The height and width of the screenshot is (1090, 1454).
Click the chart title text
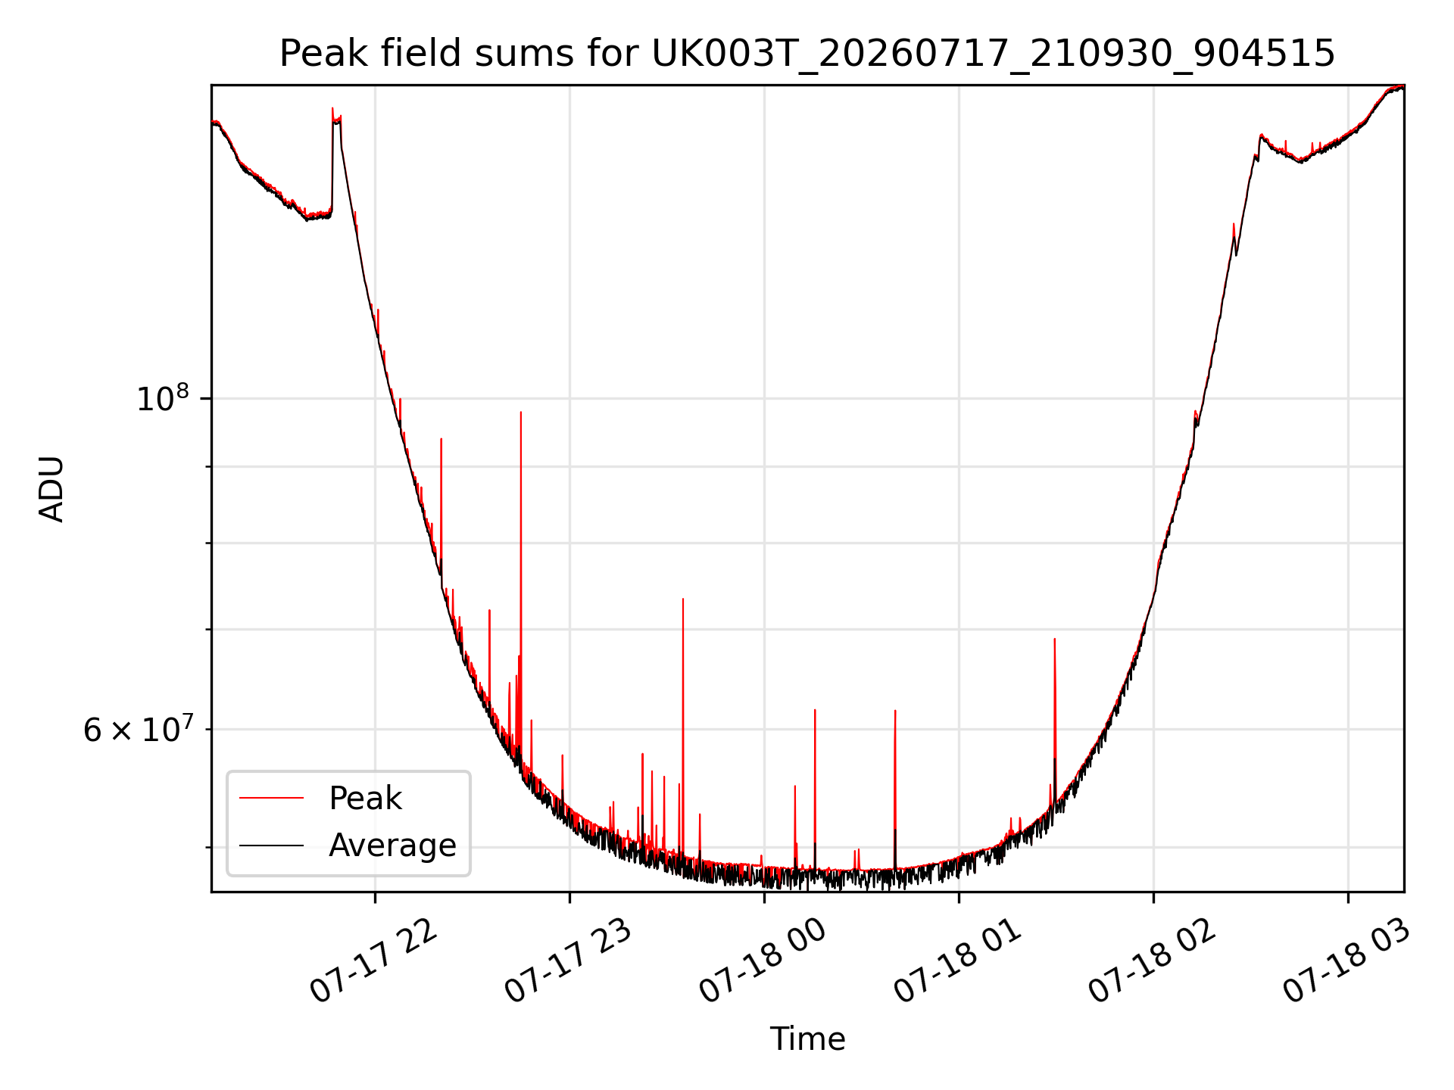click(807, 54)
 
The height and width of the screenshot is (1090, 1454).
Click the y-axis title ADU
click(51, 489)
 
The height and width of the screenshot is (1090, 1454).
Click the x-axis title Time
click(807, 1039)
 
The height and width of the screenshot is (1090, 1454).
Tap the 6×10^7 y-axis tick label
click(138, 729)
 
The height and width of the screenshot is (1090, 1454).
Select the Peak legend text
click(365, 799)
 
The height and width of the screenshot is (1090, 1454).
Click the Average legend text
click(392, 845)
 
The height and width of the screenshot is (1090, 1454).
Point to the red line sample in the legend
click(271, 798)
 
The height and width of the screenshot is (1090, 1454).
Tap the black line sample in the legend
click(271, 845)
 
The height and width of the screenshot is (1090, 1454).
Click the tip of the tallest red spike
click(521, 412)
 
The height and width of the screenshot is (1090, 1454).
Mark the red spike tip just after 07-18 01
click(1054, 639)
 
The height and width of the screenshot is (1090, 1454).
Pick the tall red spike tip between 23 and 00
click(683, 599)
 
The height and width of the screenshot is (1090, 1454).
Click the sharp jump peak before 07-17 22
click(332, 108)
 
